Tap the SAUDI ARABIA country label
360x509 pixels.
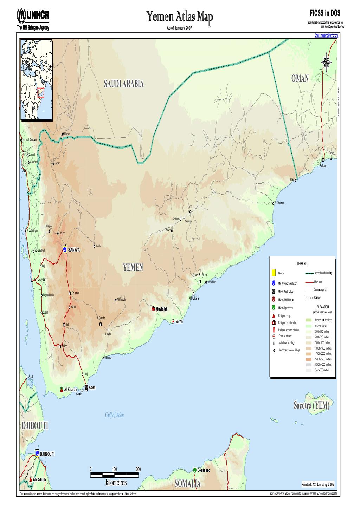[124, 84]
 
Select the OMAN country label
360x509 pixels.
[300, 79]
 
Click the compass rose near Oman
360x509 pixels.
[327, 62]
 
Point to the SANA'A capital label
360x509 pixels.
[74, 249]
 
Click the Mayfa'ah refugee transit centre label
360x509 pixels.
[162, 309]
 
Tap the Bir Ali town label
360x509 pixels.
[179, 321]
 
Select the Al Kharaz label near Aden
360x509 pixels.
[70, 390]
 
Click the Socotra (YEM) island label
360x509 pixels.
[311, 406]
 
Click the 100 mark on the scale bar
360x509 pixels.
[114, 469]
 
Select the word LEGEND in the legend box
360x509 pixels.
[302, 263]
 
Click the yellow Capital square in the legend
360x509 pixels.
[273, 273]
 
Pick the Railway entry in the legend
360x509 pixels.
[317, 298]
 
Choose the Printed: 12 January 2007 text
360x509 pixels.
[318, 485]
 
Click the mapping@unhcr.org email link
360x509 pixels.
[326, 35]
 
